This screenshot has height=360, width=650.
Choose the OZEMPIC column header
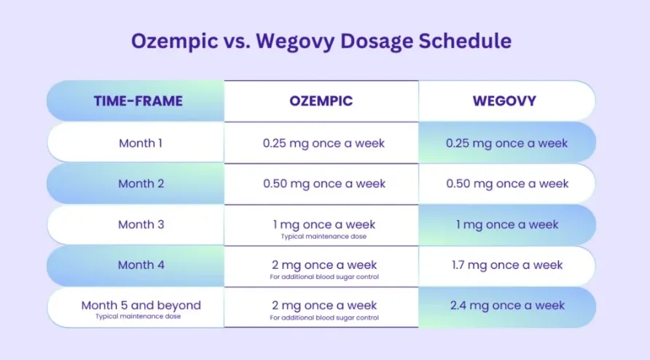coord(321,101)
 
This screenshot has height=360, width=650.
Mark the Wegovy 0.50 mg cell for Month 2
coord(507,184)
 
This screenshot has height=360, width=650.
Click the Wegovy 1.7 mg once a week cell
coord(507,265)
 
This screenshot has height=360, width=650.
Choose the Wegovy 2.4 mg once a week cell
coord(507,305)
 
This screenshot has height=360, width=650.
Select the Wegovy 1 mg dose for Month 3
coord(507,224)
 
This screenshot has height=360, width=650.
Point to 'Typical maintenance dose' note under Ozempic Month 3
coord(324,236)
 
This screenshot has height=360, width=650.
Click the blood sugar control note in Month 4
coord(324,277)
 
